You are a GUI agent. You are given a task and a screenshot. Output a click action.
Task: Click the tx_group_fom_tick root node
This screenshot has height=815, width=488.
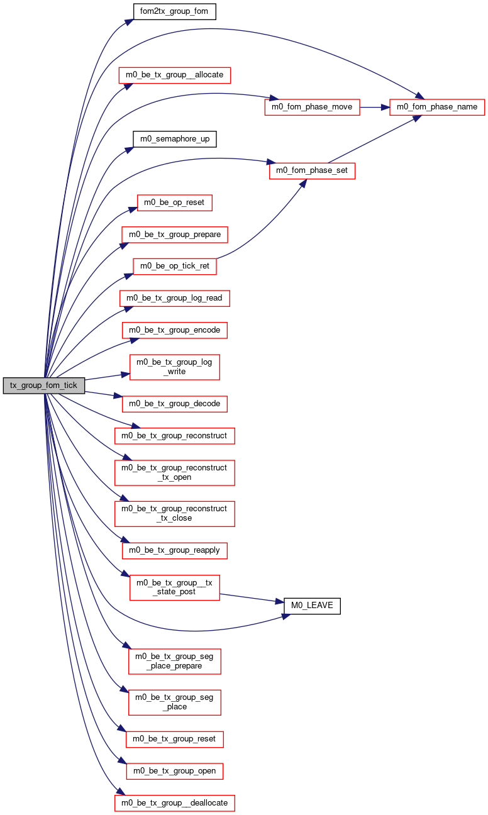[43, 385]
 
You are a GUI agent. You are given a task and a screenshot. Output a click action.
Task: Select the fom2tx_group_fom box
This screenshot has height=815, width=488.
[174, 11]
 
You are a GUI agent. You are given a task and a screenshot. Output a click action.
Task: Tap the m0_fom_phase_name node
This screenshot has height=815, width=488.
[436, 107]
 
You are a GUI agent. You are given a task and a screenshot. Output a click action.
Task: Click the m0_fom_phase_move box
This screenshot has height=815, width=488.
[312, 107]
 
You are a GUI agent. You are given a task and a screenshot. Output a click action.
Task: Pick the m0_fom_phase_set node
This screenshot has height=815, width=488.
[312, 170]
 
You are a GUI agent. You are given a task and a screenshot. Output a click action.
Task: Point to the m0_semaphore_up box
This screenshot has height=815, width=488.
[175, 139]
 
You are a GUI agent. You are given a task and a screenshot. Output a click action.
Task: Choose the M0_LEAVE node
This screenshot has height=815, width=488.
[312, 606]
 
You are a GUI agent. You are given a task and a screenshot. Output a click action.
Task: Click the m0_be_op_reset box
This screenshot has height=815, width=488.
[174, 202]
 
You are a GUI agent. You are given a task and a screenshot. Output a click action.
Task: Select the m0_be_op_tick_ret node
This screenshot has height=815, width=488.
[175, 267]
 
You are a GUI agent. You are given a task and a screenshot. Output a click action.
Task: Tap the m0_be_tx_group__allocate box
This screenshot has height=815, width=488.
[175, 75]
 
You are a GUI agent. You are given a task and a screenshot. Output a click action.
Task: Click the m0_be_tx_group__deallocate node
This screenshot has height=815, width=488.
[175, 803]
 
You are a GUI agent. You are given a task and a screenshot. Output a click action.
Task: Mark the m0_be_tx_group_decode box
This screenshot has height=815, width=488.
[175, 404]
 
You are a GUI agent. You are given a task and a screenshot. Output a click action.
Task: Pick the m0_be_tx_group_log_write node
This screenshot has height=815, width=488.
[175, 367]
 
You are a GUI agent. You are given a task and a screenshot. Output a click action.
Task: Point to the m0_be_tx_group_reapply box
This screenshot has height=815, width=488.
[175, 550]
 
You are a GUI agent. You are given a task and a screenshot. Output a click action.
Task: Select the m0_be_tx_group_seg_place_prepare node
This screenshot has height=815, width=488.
[175, 662]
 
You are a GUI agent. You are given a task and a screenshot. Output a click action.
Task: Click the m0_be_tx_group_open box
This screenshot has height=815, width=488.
[175, 771]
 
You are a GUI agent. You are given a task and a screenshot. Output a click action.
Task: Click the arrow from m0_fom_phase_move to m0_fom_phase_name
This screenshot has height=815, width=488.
[374, 108]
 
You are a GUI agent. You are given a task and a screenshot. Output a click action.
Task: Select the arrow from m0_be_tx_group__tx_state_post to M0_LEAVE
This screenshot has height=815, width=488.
[252, 599]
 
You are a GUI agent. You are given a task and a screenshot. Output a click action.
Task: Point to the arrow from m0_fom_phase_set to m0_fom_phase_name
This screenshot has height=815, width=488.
[375, 139]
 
